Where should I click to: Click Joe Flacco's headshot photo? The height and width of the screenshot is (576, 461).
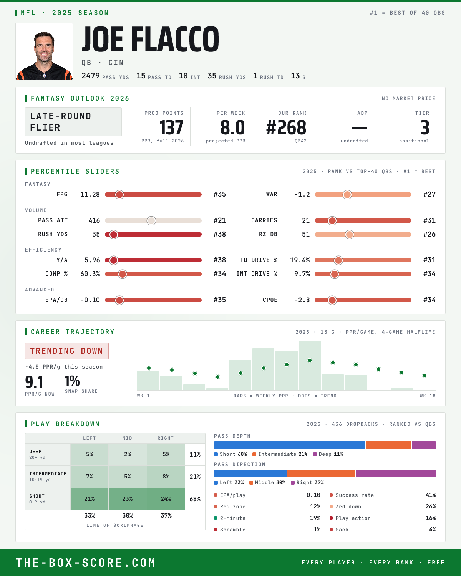point(44,51)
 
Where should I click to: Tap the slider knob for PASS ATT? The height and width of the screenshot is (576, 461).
point(151,220)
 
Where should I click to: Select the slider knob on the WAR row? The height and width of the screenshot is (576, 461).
point(347,195)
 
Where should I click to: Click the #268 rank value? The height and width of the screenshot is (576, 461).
point(286,127)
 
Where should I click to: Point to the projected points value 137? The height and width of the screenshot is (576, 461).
point(171,127)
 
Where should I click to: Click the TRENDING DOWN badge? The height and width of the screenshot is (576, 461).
point(67,351)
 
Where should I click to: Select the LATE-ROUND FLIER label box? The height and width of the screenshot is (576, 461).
point(73,122)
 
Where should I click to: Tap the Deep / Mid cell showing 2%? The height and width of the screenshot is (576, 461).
point(128,454)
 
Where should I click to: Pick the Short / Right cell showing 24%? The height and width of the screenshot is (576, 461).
point(166,499)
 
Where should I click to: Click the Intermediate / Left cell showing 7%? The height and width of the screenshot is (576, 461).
point(90,477)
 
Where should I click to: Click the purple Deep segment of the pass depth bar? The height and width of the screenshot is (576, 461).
point(424,445)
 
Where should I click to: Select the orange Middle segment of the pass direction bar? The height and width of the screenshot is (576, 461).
point(321,473)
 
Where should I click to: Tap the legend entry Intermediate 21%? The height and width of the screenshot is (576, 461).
point(280,454)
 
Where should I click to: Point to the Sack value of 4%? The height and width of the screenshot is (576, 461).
point(432,530)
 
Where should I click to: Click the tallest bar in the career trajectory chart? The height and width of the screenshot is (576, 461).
point(310,365)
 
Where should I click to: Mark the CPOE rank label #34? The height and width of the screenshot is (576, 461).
point(429,300)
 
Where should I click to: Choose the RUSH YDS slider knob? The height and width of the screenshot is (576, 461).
point(114,235)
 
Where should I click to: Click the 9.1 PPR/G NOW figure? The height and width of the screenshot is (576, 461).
point(34,382)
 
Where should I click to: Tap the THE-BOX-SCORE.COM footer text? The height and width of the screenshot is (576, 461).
point(86,563)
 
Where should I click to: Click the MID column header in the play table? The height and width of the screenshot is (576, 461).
point(128,438)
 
